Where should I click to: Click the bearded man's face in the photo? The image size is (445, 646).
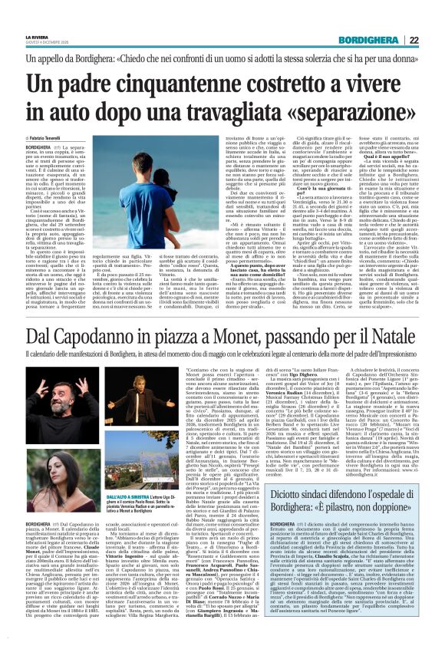click(41, 383)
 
